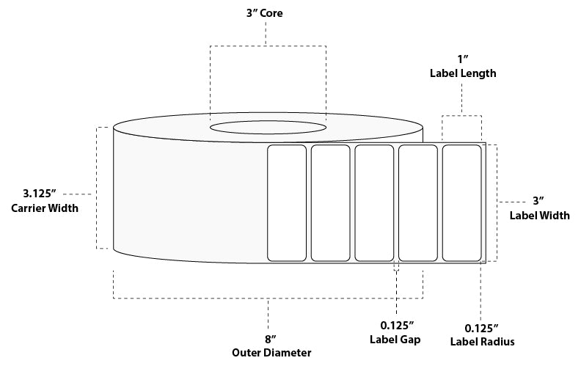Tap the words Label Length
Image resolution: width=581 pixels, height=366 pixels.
coord(461,73)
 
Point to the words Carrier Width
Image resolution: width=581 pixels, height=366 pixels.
coord(44,208)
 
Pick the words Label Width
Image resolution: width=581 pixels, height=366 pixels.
coord(539,214)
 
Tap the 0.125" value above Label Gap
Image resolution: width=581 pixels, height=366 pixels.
coord(396,325)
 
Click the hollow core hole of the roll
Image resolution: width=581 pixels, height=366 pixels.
coord(268,127)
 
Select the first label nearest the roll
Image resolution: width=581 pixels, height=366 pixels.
coord(287,202)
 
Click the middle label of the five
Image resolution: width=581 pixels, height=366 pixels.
coord(374,202)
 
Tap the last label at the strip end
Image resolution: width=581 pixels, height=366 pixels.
coord(461,202)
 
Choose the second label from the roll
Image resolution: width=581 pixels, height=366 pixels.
coord(330,202)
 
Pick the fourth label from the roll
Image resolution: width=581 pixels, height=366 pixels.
coord(417,202)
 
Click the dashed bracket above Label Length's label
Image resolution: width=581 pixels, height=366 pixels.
coord(461,115)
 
